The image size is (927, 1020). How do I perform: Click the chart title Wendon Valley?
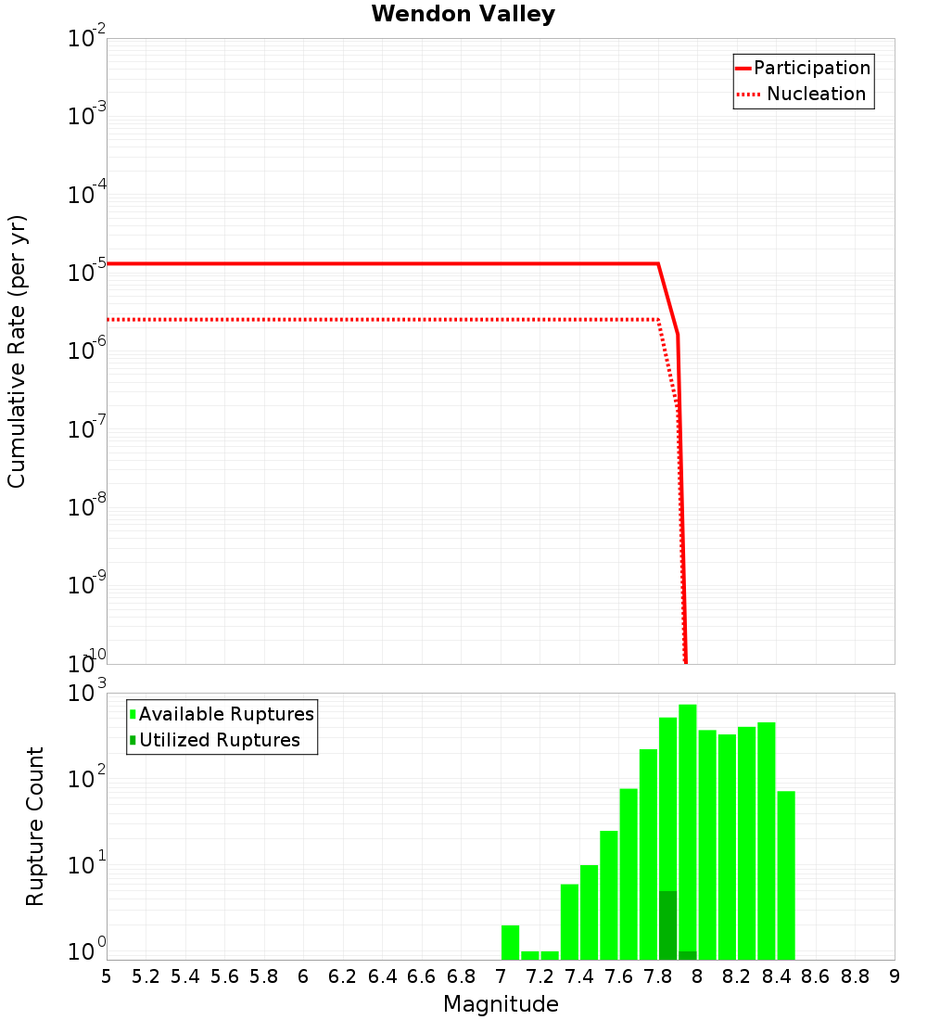(463, 14)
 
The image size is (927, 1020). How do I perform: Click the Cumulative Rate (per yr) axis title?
(18, 351)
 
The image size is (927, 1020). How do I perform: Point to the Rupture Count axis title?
(35, 826)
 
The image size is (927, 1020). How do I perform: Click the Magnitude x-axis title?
(501, 1004)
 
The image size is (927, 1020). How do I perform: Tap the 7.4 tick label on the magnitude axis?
(579, 976)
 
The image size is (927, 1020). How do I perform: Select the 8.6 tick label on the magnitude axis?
(816, 976)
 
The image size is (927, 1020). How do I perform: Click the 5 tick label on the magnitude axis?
(107, 976)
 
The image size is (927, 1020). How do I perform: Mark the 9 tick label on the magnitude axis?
(895, 976)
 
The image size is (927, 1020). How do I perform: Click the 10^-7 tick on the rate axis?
(87, 429)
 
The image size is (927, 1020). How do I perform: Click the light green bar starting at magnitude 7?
(510, 942)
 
